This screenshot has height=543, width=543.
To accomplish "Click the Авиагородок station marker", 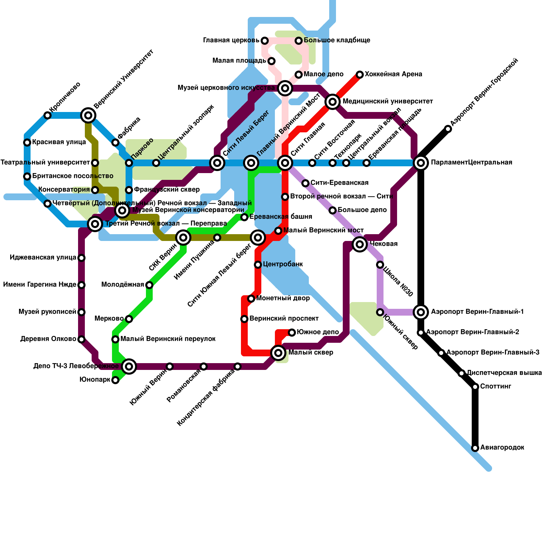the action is [475, 448].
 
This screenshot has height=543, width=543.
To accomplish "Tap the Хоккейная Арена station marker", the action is [360, 75].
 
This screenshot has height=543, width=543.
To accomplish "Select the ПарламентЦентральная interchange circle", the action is [421, 163].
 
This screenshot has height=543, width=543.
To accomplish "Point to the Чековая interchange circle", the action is [360, 244].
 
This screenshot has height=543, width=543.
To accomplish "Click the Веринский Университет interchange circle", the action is [88, 115].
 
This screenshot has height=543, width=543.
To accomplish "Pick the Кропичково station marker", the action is [48, 115].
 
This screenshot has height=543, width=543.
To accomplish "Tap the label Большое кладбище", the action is [337, 40].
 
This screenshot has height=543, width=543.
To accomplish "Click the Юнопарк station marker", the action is [115, 380].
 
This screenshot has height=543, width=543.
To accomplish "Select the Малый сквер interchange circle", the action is [278, 353].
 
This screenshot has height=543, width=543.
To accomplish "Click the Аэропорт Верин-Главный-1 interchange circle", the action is [421, 312].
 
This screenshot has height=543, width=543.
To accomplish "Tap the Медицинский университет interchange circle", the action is [333, 101].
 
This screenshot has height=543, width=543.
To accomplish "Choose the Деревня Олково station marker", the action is [81, 339].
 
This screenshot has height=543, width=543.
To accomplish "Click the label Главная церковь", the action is [231, 40].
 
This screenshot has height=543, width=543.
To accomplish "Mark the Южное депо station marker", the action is [292, 333].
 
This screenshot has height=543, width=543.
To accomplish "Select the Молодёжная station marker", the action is [149, 285].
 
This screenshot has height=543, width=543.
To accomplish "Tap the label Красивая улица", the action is [59, 142].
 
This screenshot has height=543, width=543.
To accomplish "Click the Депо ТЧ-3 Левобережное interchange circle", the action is [129, 366].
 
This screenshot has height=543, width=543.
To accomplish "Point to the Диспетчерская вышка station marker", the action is [462, 373].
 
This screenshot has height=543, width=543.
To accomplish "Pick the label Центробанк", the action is [283, 264].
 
